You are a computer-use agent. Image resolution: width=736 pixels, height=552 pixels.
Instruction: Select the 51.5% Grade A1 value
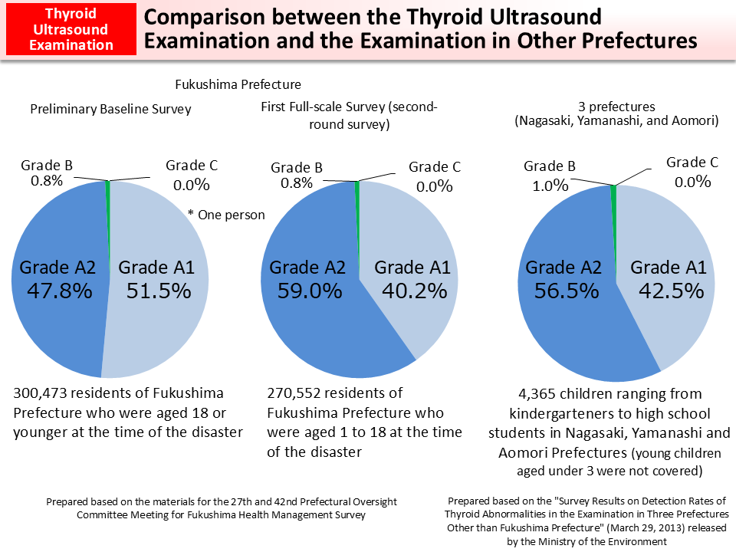[158, 291]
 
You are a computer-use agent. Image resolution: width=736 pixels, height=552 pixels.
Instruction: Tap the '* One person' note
[226, 215]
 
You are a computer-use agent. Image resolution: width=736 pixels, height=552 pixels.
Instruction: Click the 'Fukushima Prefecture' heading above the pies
[238, 84]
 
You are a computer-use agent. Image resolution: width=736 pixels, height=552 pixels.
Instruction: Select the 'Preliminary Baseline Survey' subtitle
[110, 109]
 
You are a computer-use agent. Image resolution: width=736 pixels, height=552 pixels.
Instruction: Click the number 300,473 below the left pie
[44, 393]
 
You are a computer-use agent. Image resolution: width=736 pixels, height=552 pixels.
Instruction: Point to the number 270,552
[297, 393]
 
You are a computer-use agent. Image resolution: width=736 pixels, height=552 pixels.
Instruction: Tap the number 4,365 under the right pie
[539, 394]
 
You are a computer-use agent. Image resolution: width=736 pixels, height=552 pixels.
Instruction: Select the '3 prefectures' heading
[616, 107]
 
